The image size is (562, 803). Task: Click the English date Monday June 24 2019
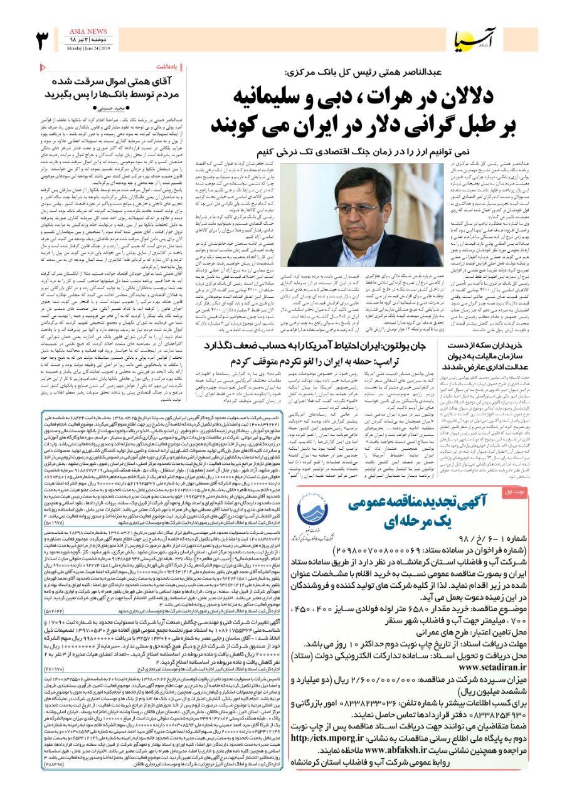coord(78,48)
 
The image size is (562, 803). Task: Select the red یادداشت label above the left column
coord(176,67)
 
